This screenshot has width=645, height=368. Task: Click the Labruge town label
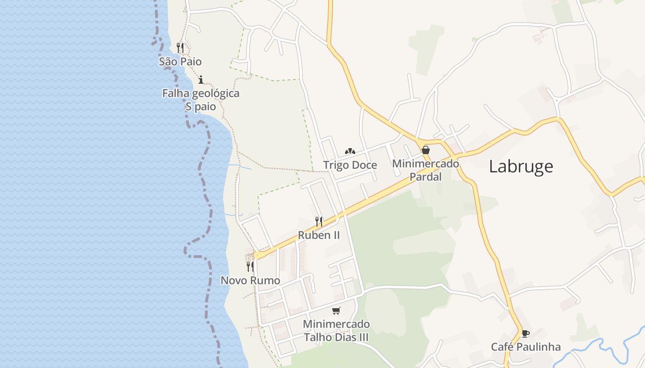(x=521, y=166)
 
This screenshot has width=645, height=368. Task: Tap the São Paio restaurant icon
(x=180, y=47)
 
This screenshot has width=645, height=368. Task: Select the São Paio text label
(x=180, y=61)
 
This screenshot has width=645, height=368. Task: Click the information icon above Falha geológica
(x=200, y=80)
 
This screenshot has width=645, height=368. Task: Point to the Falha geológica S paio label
(x=200, y=100)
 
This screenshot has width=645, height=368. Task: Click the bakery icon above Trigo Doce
(x=350, y=151)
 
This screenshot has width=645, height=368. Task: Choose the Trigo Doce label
(x=350, y=165)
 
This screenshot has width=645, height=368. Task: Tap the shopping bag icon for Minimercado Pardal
(x=426, y=150)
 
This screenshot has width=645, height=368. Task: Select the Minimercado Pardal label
(x=426, y=170)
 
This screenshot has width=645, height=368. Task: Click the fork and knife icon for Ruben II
(x=318, y=221)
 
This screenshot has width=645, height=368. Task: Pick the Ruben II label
(x=319, y=235)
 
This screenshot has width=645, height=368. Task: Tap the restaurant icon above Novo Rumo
(x=250, y=266)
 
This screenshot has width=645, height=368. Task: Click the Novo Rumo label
(x=250, y=280)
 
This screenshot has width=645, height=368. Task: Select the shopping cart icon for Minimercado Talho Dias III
(x=336, y=310)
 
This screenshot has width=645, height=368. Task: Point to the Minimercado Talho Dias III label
(x=336, y=330)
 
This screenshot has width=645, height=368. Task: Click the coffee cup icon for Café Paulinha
(x=525, y=333)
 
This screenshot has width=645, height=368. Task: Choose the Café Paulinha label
(x=526, y=347)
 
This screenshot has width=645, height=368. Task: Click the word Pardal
(x=426, y=177)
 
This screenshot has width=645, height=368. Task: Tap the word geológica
(x=216, y=93)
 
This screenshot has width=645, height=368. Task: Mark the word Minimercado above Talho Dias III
(x=336, y=324)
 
